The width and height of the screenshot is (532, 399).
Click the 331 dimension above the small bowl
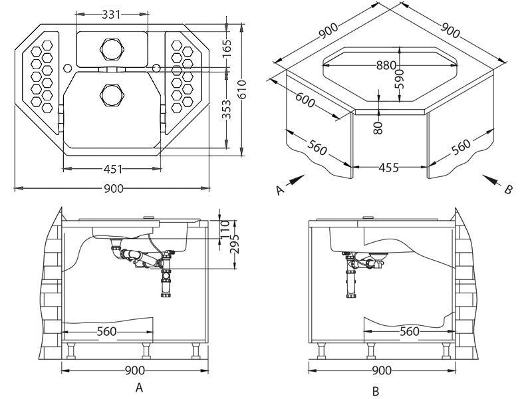(111, 15)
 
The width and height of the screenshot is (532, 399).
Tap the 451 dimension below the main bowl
(112, 169)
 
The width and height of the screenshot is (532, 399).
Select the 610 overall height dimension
(242, 89)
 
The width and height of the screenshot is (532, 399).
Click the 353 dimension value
(227, 109)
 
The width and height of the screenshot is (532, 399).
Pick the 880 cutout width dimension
(386, 65)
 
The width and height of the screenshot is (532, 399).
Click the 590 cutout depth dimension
(400, 78)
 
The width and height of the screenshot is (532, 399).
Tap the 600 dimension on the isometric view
(305, 100)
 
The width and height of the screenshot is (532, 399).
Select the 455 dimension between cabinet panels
(389, 168)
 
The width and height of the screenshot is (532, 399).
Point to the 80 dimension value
(378, 128)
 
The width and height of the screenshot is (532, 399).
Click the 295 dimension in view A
(234, 244)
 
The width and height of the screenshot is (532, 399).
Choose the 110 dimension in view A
(224, 229)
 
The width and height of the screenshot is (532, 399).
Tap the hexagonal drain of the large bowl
(112, 94)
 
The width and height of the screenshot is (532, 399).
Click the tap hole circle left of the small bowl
(67, 68)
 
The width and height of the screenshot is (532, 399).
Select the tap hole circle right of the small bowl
(156, 68)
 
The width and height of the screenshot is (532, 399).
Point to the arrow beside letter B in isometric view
(491, 180)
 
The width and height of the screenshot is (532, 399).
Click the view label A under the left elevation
(139, 387)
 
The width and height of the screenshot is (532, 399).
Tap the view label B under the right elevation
(375, 391)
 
